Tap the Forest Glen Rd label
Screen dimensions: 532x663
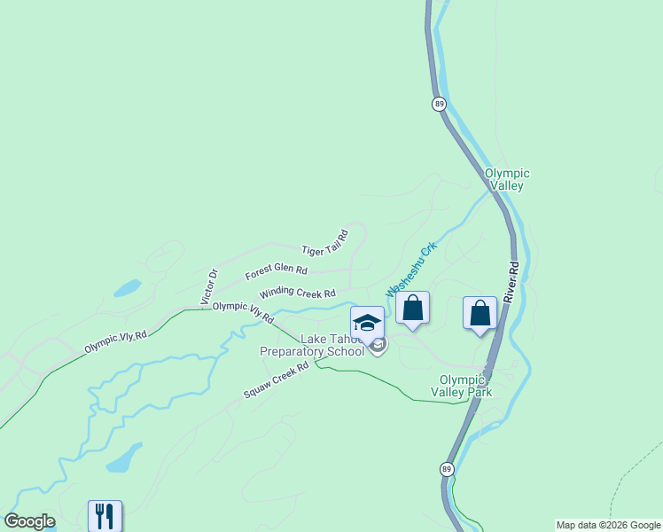(x=277, y=270)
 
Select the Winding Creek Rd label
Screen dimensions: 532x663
(x=298, y=293)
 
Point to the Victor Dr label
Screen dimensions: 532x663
(x=209, y=287)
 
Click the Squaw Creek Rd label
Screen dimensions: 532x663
(x=277, y=379)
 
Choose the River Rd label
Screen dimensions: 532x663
(x=511, y=283)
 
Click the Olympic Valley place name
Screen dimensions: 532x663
(x=507, y=179)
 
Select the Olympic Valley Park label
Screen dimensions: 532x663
(x=466, y=385)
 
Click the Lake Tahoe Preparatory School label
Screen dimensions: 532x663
(x=312, y=345)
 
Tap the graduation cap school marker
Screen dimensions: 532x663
(x=367, y=321)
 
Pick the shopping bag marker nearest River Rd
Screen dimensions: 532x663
(x=480, y=313)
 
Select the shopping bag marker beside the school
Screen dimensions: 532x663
(x=412, y=308)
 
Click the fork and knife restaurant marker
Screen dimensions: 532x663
(x=105, y=515)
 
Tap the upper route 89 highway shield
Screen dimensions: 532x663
(x=439, y=104)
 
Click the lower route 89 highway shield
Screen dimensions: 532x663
(x=446, y=467)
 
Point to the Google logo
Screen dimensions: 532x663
(x=29, y=521)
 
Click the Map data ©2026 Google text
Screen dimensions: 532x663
(x=608, y=525)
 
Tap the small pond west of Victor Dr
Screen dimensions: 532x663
(x=127, y=288)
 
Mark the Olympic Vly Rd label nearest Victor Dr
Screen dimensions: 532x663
(x=243, y=311)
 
